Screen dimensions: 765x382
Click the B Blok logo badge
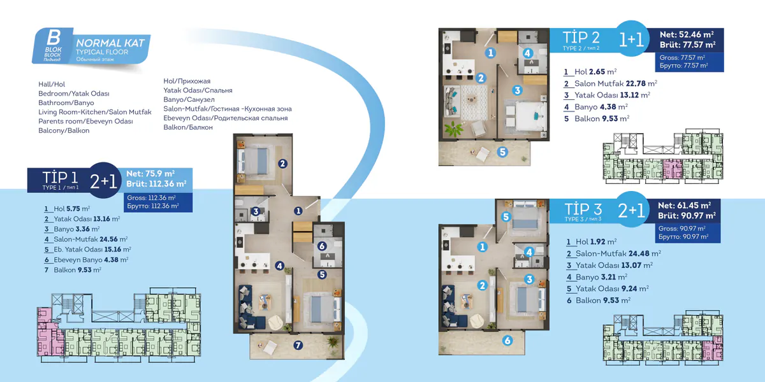coord(53,46)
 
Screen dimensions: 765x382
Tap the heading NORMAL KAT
coord(110,43)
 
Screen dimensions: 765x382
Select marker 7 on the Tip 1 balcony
coord(298,345)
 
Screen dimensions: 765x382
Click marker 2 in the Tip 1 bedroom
coord(282,164)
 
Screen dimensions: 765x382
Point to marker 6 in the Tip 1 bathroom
coord(322,246)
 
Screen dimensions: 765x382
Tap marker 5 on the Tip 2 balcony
coord(502,152)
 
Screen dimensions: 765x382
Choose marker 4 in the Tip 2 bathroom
coord(527,53)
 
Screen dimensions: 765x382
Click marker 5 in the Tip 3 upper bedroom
coord(506,216)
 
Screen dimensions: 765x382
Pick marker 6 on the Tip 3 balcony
coord(507,340)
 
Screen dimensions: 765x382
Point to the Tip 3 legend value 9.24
coord(629,289)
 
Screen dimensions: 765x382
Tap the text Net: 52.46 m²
coord(687,34)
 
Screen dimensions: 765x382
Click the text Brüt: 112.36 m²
coord(156,184)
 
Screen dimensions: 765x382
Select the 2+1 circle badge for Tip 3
coord(631,209)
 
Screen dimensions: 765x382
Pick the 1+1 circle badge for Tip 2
coord(632,39)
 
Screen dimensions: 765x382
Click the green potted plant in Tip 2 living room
coord(454,129)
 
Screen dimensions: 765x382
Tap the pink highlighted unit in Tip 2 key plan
coord(673,169)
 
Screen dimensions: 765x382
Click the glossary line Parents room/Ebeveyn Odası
coord(85,122)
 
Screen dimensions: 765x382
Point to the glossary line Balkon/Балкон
coord(188,127)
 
